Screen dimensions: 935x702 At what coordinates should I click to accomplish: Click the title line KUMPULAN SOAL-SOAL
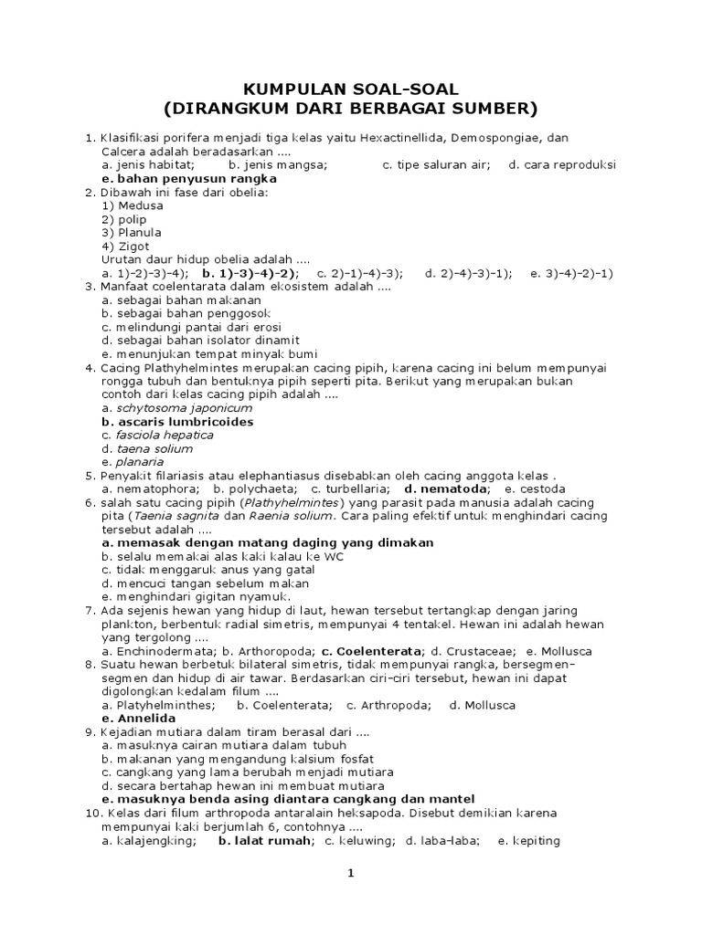click(x=351, y=89)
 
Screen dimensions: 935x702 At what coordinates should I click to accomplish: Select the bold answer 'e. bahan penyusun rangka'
click(x=189, y=179)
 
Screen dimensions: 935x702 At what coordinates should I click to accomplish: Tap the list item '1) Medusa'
click(x=133, y=205)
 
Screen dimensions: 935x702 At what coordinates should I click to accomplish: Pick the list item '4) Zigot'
click(x=125, y=246)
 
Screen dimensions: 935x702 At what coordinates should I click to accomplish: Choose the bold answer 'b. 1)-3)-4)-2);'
click(x=250, y=273)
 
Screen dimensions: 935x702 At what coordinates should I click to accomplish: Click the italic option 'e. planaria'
click(x=133, y=462)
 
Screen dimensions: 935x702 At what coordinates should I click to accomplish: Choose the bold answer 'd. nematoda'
click(x=445, y=489)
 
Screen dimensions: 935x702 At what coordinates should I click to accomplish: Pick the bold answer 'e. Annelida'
click(x=139, y=719)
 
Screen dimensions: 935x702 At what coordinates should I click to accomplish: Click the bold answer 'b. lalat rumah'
click(x=265, y=841)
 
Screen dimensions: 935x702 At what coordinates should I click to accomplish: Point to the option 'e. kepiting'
click(x=528, y=841)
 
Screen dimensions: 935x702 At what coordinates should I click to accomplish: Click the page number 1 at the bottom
click(x=349, y=874)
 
